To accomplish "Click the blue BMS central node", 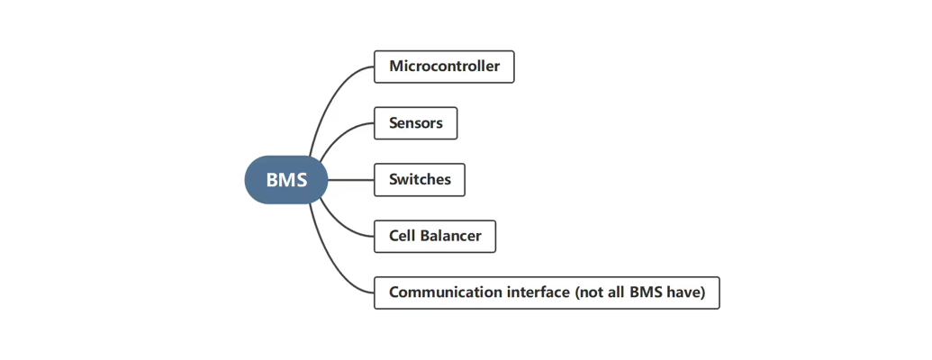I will (x=286, y=180).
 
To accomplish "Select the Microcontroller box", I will (x=444, y=67).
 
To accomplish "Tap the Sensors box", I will (x=415, y=123).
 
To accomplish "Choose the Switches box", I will (x=420, y=180).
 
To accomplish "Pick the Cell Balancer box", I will (x=435, y=237).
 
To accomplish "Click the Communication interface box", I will (x=547, y=292).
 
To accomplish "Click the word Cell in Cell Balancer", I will (x=402, y=237).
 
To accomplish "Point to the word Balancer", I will (x=450, y=237).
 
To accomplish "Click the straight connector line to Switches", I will (x=351, y=180).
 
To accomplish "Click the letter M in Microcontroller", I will (x=395, y=67).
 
